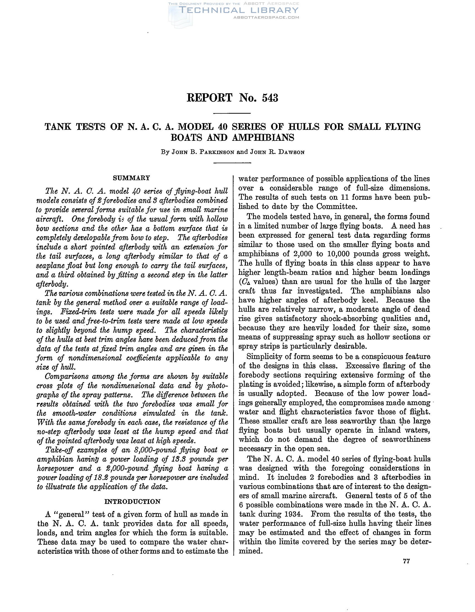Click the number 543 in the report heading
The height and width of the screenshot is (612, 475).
(270, 98)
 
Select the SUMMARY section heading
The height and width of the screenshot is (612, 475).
(131, 178)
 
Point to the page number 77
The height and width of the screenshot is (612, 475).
(406, 561)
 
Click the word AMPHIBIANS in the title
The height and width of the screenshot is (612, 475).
(263, 138)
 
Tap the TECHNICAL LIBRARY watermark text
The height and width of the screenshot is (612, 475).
(238, 10)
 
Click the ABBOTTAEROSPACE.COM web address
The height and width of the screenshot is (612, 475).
(266, 17)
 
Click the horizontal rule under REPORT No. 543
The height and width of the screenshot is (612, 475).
(232, 113)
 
